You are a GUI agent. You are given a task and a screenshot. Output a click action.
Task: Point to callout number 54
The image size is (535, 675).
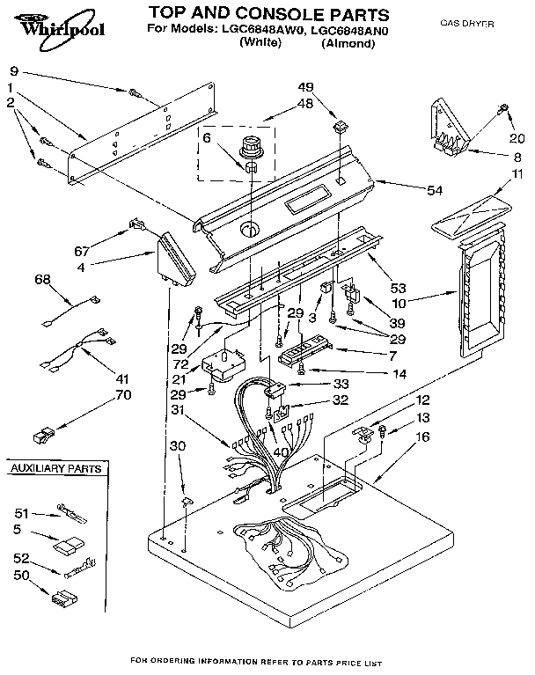pyautogui.click(x=434, y=191)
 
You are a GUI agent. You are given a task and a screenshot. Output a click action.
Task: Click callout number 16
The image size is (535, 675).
pyautogui.click(x=422, y=436)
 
